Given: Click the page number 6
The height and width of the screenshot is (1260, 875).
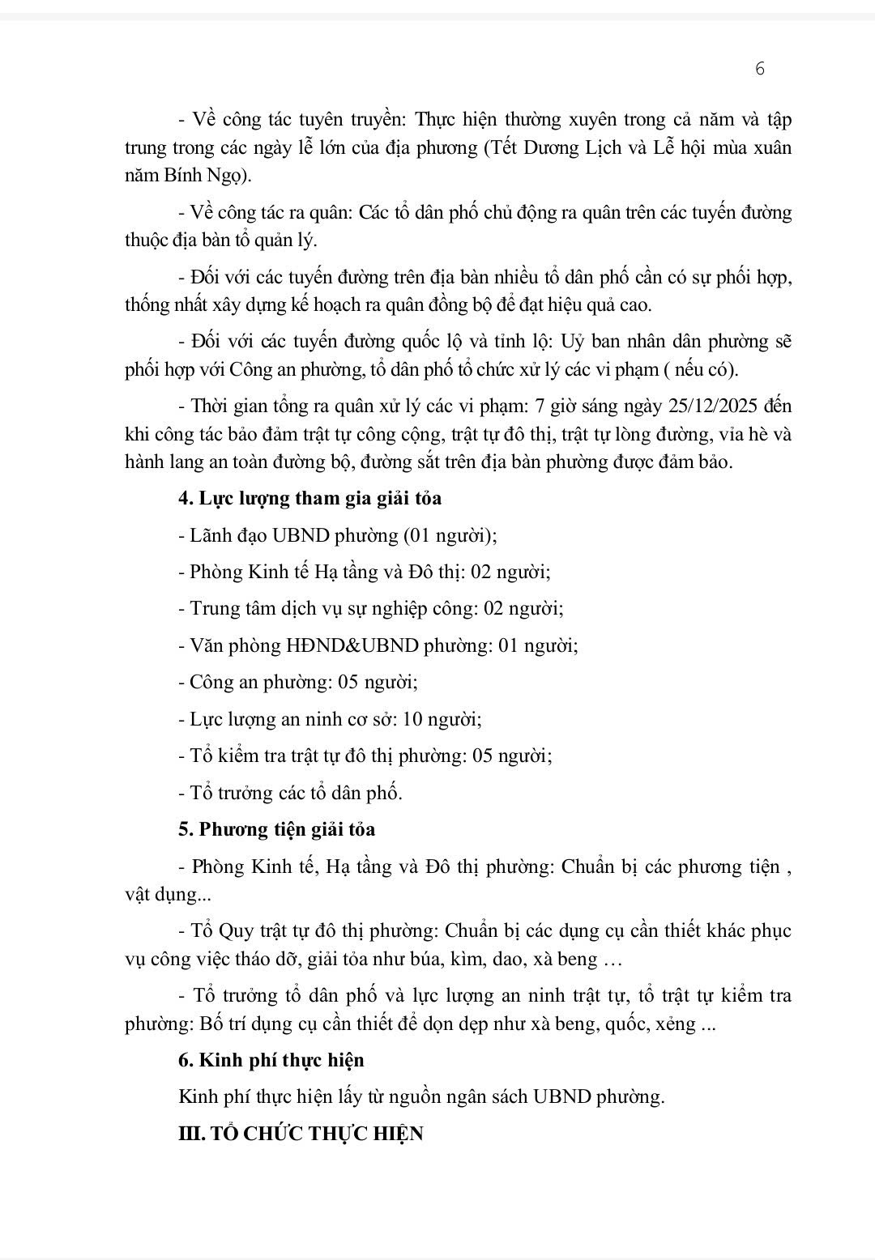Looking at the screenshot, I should click(x=759, y=69).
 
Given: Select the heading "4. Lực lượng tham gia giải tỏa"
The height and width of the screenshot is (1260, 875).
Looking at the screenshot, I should click(x=310, y=498).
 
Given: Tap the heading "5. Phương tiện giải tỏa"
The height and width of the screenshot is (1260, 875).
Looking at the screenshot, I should click(x=277, y=829).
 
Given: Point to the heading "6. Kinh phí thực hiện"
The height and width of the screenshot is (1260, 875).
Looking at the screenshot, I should click(x=271, y=1060).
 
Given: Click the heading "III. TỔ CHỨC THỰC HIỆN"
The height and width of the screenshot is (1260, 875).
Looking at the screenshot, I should click(x=301, y=1134).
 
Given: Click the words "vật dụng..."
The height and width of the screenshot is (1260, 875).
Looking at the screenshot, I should click(x=162, y=895).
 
